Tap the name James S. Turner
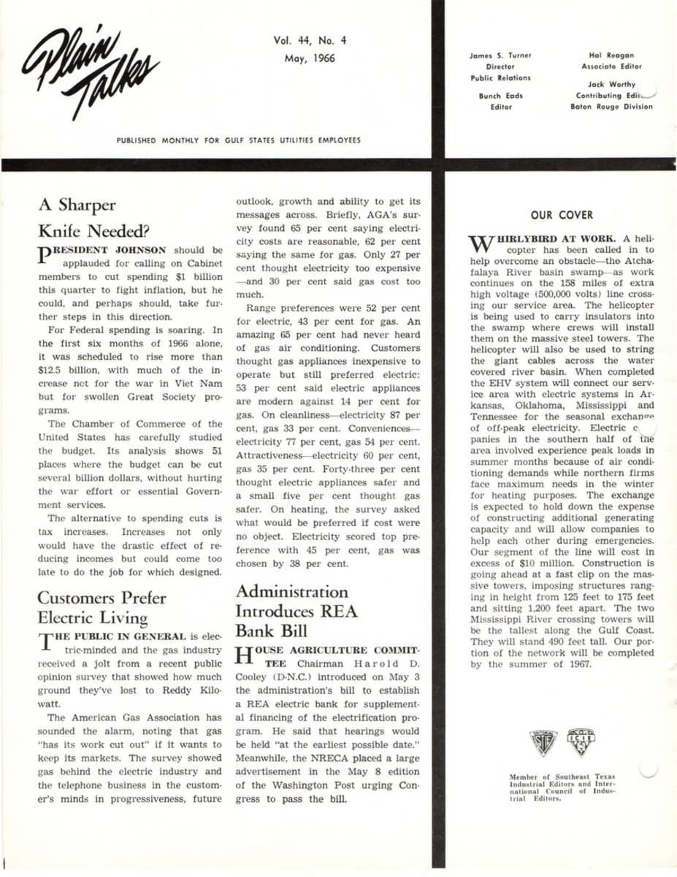(x=500, y=56)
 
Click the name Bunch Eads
(x=500, y=96)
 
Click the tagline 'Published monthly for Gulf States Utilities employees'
(x=238, y=140)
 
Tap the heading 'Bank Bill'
(x=269, y=631)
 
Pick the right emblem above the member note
(x=581, y=744)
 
